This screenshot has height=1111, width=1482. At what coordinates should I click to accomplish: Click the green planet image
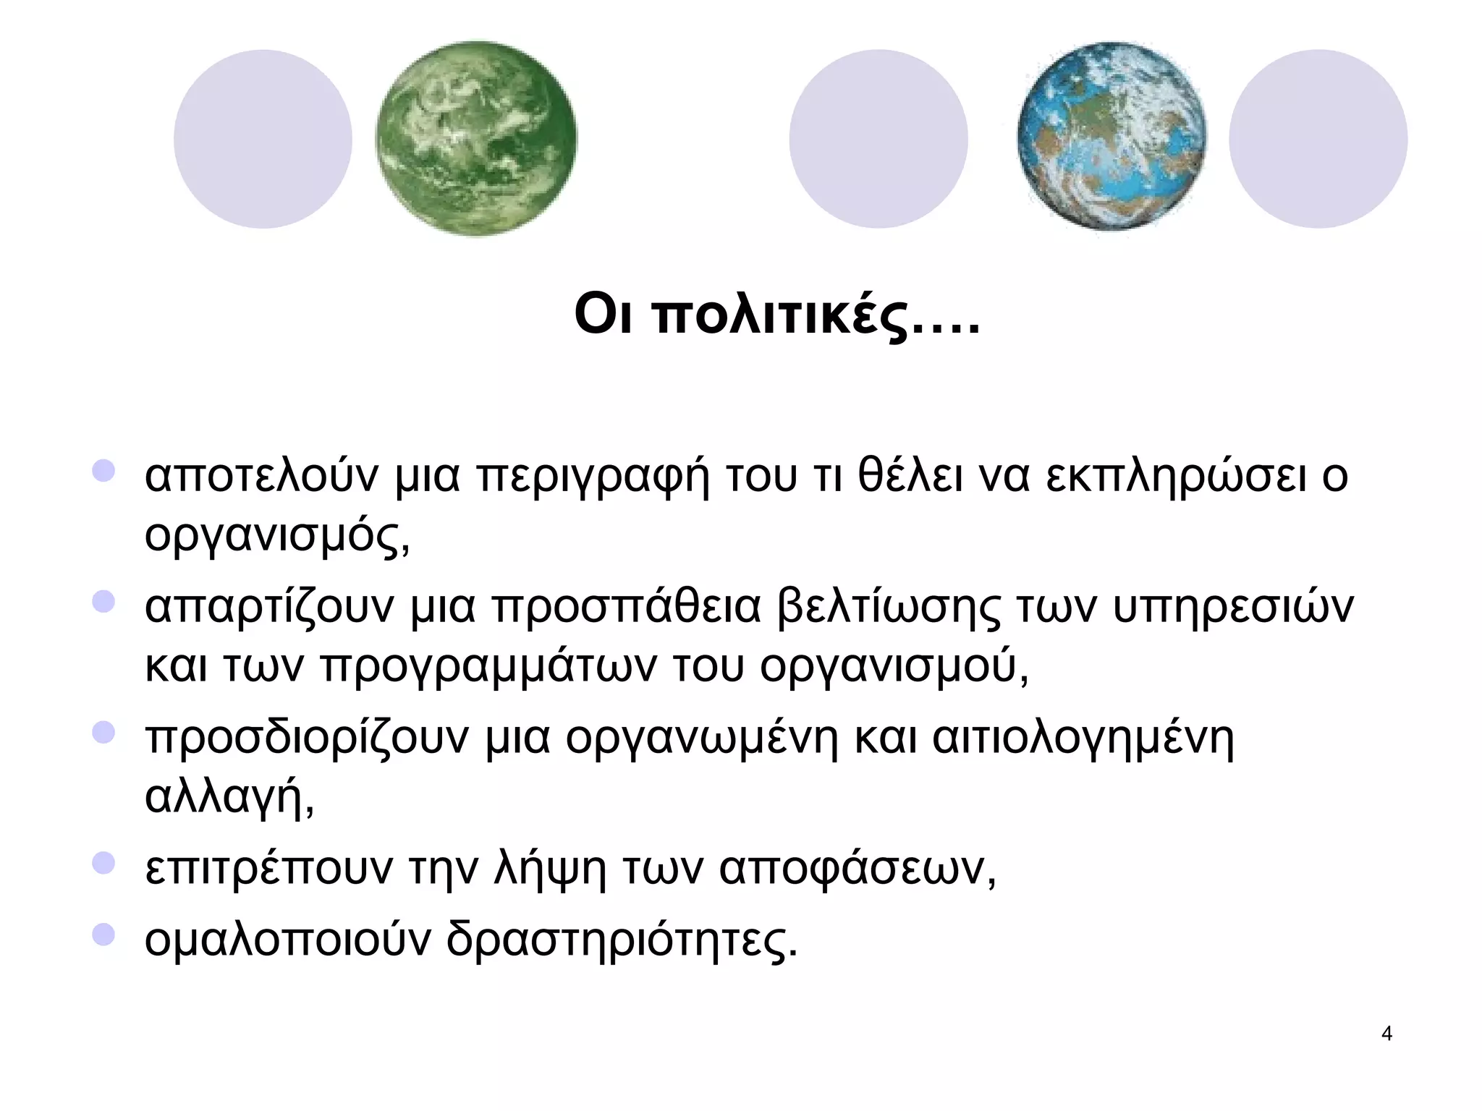pos(476,139)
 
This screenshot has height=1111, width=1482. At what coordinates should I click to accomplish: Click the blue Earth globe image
pos(1111,137)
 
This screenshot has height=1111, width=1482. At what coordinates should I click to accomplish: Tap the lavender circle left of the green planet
pos(263,139)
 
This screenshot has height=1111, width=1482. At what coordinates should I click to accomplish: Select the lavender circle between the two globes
pos(878,139)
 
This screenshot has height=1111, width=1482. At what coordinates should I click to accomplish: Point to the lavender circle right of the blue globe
pos(1318,139)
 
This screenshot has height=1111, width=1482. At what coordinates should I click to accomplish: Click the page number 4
pos(1386,1034)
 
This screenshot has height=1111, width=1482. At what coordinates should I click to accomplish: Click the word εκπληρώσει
pos(1176,477)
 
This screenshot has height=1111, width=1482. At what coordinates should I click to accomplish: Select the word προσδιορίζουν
pos(307,739)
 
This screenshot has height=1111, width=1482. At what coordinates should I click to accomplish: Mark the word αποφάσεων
pos(857,868)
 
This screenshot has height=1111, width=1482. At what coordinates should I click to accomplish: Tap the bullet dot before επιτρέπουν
pos(103,862)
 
